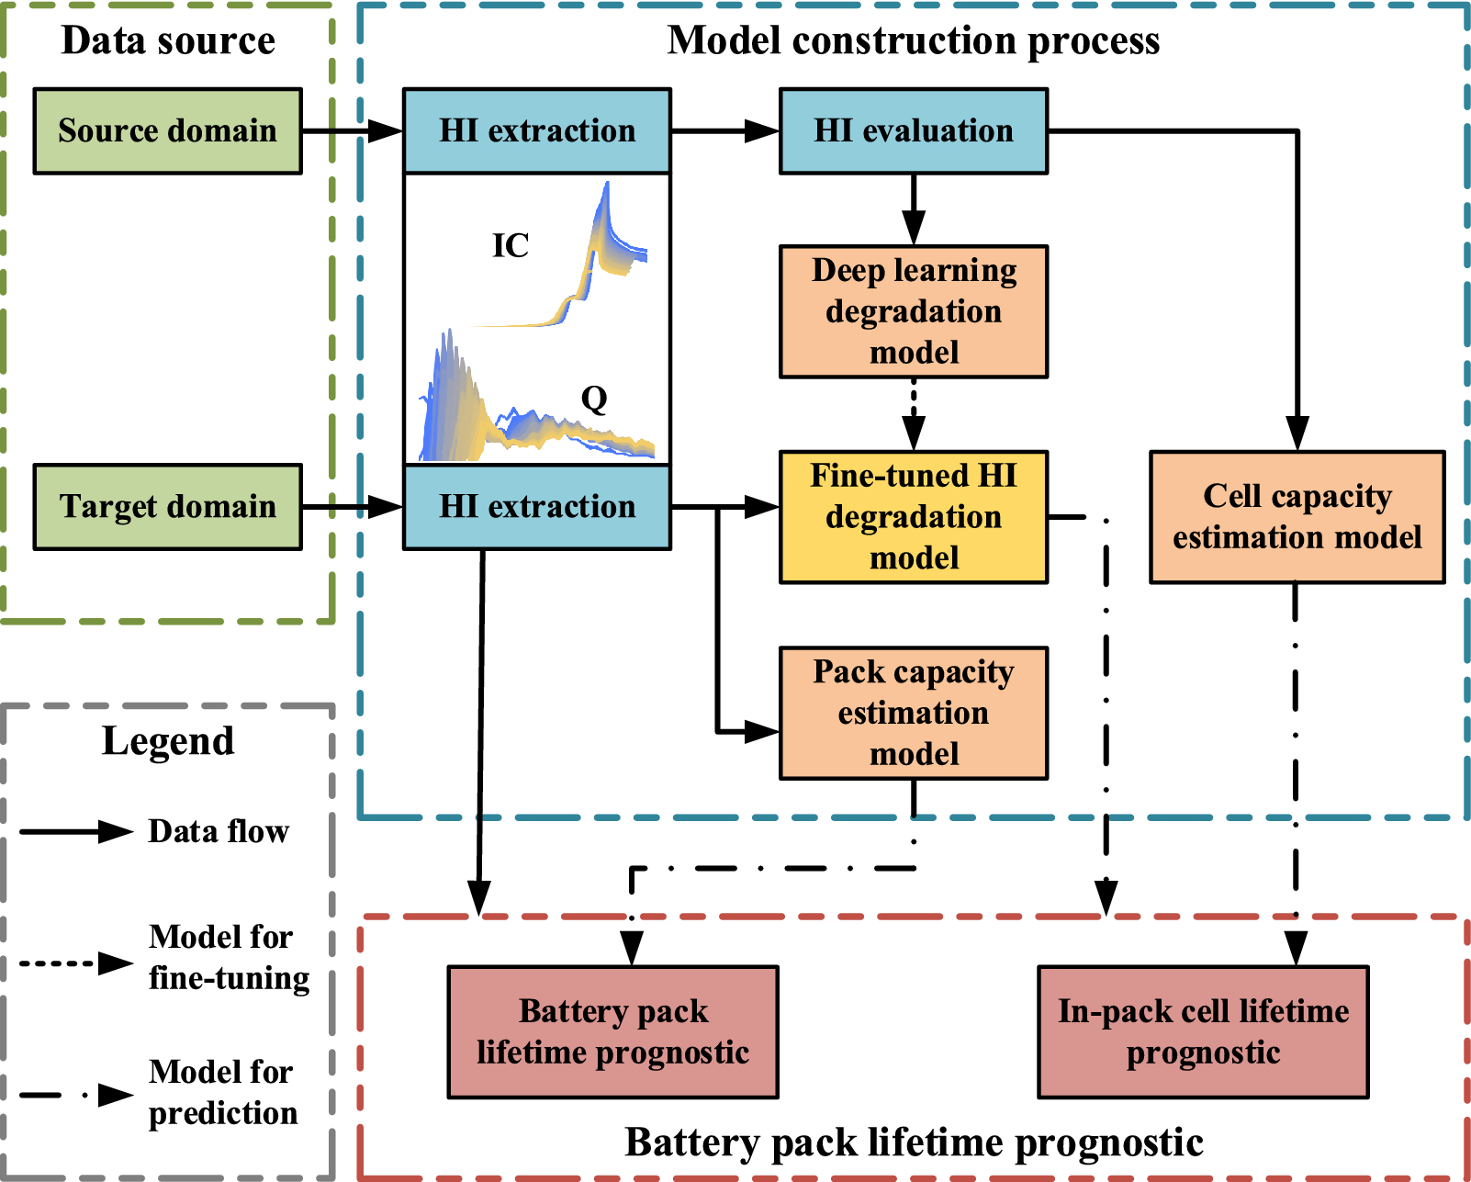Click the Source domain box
pos(167,131)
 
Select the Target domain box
pos(167,507)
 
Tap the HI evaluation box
pos(913,131)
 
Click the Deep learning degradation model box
pos(913,311)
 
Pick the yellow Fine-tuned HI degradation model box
pos(913,517)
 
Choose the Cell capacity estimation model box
pos(1297,517)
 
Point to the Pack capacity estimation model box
pos(913,713)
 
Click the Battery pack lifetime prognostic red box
pos(612,1031)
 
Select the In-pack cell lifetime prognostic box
pos(1203,1031)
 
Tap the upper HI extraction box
pos(537,131)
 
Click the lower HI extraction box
pos(537,507)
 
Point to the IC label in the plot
pos(511,246)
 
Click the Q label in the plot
pos(594,400)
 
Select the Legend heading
pos(168,741)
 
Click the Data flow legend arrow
pos(77,832)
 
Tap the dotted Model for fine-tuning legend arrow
pos(77,963)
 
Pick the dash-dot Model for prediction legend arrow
pos(77,1095)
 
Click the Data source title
pos(168,41)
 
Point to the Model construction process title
pos(913,41)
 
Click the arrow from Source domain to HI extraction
pos(352,131)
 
